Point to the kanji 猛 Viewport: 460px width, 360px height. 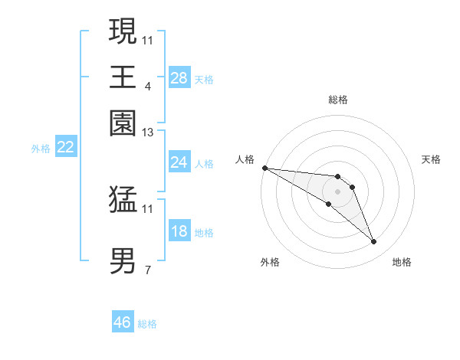(x=123, y=200)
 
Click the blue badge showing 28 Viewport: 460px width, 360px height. (x=179, y=78)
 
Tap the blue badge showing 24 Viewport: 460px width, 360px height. (x=179, y=162)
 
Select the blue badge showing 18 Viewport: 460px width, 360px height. (x=179, y=232)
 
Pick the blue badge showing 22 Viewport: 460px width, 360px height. (x=66, y=148)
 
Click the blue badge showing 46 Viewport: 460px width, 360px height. (x=123, y=322)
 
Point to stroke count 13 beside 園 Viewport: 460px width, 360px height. (x=148, y=133)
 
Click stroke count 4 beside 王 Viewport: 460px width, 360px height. (x=147, y=86)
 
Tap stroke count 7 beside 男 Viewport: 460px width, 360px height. (x=147, y=270)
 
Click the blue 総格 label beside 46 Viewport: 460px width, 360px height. (x=147, y=324)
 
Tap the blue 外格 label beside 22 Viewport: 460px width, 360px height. (x=41, y=149)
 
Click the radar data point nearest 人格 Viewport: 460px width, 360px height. (x=264, y=168)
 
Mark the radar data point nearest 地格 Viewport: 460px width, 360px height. (x=374, y=242)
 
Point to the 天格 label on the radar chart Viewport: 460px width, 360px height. (x=432, y=159)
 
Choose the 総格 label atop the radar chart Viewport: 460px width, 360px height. (x=338, y=100)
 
